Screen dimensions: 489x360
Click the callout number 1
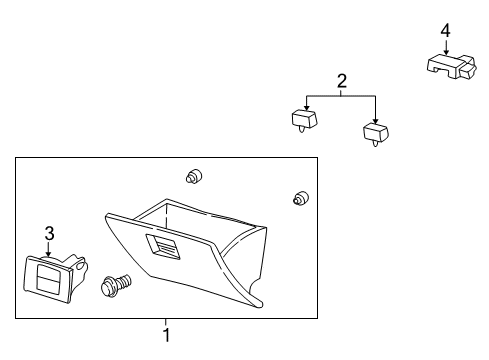click(167, 335)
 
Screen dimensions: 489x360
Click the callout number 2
click(342, 81)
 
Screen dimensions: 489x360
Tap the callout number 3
click(49, 233)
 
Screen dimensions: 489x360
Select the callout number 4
click(445, 31)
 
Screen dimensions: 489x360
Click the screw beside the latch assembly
click(115, 285)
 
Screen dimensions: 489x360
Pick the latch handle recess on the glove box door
click(162, 246)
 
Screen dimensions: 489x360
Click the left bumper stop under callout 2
click(304, 121)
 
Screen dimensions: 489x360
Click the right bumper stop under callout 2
click(376, 134)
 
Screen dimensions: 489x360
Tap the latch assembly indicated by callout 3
click(53, 278)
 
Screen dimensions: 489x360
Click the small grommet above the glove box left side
click(194, 176)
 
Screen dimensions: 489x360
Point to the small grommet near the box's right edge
click(300, 198)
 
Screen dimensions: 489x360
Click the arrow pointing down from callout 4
click(446, 47)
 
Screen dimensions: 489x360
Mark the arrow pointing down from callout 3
click(49, 249)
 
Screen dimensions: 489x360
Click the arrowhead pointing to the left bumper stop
click(307, 108)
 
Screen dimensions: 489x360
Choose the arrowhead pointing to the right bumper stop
click(376, 121)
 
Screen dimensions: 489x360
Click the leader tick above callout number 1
click(166, 322)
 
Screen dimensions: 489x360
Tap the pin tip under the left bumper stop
click(302, 131)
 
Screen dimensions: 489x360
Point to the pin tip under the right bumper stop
click(375, 145)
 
